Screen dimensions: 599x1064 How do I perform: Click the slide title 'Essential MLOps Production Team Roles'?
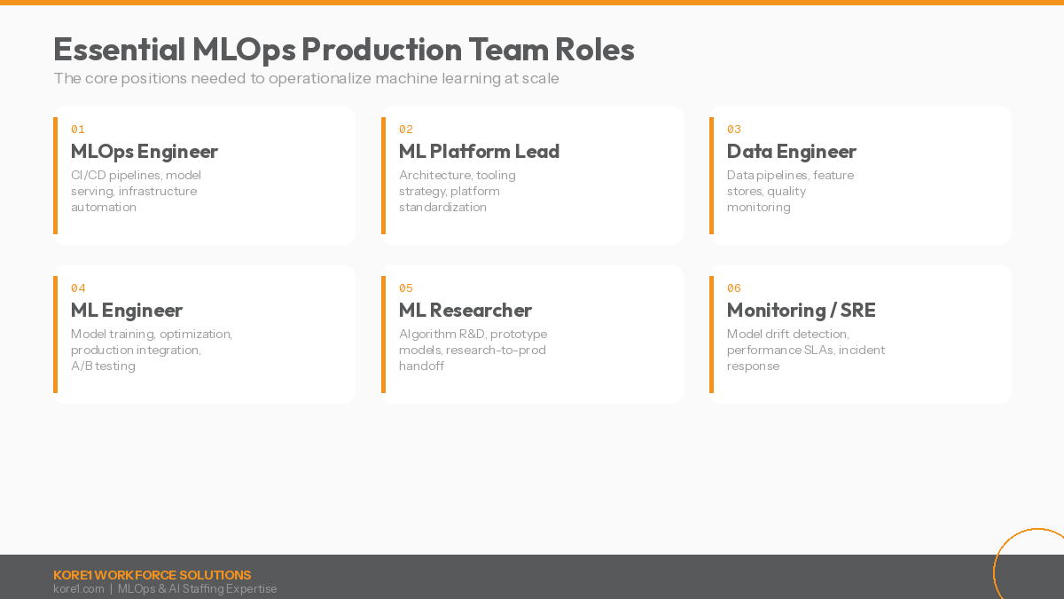(x=344, y=50)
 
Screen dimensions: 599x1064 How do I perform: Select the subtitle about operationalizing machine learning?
(x=306, y=78)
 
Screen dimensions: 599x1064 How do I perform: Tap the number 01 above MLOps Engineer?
(x=78, y=130)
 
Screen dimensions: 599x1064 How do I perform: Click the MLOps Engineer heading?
(x=145, y=152)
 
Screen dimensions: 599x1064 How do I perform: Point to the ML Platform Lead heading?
(x=479, y=152)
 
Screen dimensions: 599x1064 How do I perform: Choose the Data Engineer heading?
(x=791, y=152)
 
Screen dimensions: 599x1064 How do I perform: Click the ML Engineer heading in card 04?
(x=127, y=311)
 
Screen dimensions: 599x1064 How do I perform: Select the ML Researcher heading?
(x=465, y=311)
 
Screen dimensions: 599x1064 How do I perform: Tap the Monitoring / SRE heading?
(x=801, y=311)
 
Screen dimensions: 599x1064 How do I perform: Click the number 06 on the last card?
(x=734, y=288)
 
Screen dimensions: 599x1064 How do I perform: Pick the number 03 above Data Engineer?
(x=734, y=130)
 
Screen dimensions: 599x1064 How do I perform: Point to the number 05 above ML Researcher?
(x=406, y=288)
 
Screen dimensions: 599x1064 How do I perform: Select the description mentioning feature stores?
(x=789, y=191)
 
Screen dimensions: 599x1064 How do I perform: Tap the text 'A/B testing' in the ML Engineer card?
(x=103, y=366)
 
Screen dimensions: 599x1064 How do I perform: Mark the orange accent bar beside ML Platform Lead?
(x=383, y=176)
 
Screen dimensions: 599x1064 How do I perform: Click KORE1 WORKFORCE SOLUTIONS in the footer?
(x=152, y=575)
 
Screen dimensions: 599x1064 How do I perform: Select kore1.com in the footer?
(x=78, y=589)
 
